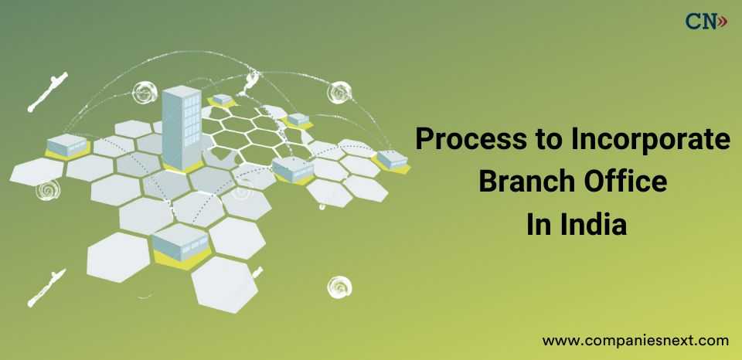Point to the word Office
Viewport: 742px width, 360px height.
625,183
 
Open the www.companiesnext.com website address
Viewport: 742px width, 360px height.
635,339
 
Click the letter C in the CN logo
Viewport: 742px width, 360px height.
693,22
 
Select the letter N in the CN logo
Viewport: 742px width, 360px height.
709,22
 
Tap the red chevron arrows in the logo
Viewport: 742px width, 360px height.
723,22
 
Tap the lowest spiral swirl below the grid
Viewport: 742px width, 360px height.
339,287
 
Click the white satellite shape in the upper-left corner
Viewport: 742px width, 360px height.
48,91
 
